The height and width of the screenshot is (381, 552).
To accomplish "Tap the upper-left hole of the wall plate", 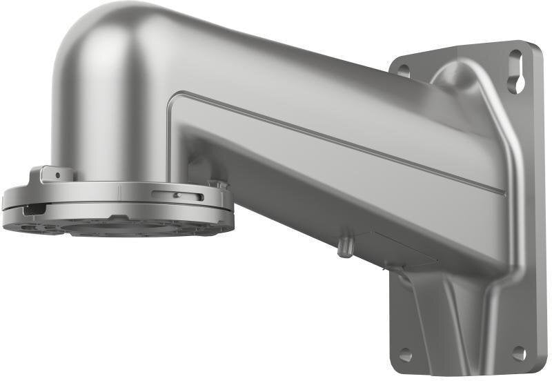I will coord(404,70).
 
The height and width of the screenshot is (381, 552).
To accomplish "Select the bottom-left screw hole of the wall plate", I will coord(405,355).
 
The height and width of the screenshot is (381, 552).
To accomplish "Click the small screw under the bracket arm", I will coord(344,247).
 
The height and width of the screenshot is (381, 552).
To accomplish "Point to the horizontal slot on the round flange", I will coord(177,195).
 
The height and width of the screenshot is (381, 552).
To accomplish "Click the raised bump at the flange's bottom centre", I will coord(117,219).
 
